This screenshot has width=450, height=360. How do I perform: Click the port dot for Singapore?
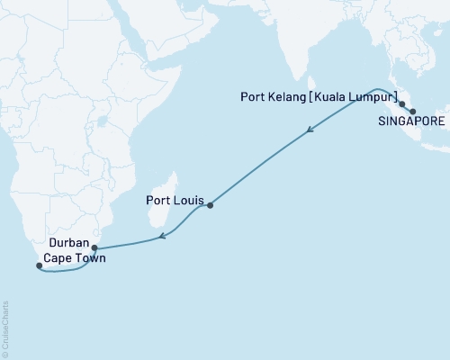[x=413, y=112]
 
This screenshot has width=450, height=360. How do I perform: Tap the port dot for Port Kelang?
[x=401, y=104]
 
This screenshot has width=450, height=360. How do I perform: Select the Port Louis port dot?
[x=210, y=206]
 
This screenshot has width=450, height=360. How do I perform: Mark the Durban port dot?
[x=94, y=247]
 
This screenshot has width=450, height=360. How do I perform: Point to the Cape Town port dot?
[x=38, y=265]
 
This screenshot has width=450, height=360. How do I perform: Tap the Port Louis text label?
[x=175, y=202]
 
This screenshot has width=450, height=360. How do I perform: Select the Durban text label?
[x=69, y=243]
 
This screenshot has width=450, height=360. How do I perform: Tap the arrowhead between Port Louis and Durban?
[x=161, y=237]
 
